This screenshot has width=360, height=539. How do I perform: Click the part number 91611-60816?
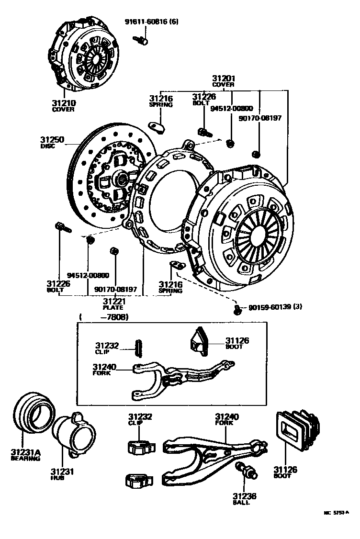pyautogui.click(x=151, y=22)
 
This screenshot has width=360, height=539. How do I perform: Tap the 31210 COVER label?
pyautogui.click(x=64, y=105)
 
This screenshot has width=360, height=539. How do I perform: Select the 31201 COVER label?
pyautogui.click(x=224, y=81)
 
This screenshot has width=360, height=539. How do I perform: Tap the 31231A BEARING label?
pyautogui.click(x=25, y=454)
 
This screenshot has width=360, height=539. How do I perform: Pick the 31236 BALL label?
pyautogui.click(x=245, y=498)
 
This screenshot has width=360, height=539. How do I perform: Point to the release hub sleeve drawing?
pyautogui.click(x=69, y=433)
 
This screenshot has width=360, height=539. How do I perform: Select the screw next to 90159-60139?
pyautogui.click(x=238, y=310)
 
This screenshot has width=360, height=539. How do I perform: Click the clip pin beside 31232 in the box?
pyautogui.click(x=139, y=348)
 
